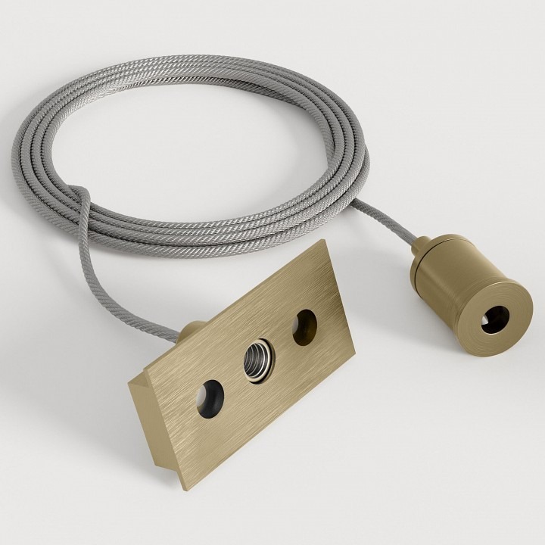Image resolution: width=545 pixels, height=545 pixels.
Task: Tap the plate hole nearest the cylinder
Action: (x=304, y=324)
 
